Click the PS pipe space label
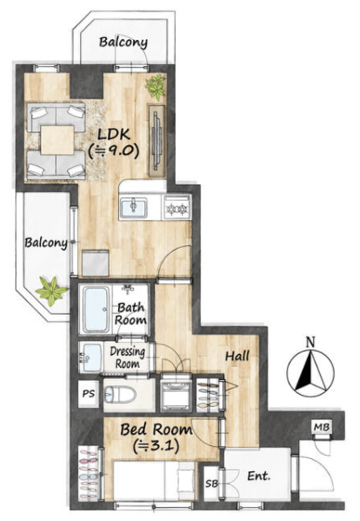click(x=89, y=394)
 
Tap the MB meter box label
click(x=322, y=427)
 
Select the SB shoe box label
click(x=212, y=484)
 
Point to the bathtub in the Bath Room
click(x=96, y=310)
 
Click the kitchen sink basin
click(x=134, y=208)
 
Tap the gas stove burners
click(x=178, y=208)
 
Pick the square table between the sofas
click(x=58, y=140)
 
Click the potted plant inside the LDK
click(x=156, y=87)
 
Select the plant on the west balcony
click(x=52, y=291)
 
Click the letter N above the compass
click(x=310, y=342)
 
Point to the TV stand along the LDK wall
click(x=157, y=141)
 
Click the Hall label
click(x=237, y=357)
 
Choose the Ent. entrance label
click(x=259, y=476)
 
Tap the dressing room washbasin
click(x=90, y=357)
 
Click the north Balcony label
click(x=123, y=42)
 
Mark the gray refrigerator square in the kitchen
click(x=95, y=263)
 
